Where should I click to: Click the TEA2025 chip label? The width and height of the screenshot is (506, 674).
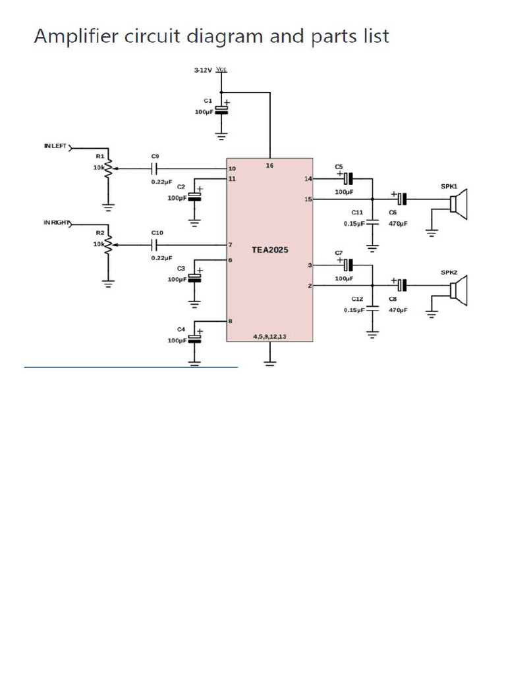coord(269,250)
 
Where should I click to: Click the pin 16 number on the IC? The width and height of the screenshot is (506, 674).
coord(269,165)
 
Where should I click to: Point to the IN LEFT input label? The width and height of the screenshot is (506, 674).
coord(55,146)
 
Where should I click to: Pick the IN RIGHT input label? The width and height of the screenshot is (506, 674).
coord(57,224)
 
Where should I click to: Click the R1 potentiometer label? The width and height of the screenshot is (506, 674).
coord(100,156)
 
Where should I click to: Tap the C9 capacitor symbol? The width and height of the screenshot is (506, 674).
coord(155,168)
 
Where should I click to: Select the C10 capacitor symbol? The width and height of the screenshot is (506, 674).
coord(155,245)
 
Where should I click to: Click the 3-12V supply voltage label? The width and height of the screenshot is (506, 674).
coord(202,70)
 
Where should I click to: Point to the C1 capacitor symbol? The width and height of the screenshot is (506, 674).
coord(221,108)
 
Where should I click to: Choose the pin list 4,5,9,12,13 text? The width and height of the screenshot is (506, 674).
coord(269,336)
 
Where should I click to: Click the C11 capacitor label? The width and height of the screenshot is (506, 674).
coord(357,213)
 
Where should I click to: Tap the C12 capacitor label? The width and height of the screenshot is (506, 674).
coord(357,299)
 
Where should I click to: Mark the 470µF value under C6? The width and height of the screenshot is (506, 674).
coord(398,224)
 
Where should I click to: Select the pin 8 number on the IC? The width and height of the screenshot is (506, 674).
coord(231,321)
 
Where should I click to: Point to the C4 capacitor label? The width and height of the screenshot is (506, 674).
coord(181,328)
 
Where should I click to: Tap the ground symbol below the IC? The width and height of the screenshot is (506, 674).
coord(269,360)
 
